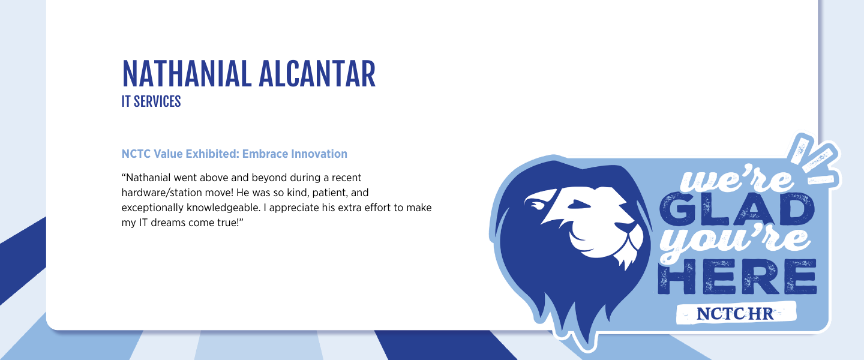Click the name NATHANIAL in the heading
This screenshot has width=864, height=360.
[x=187, y=74]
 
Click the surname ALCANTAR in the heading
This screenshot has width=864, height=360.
[x=317, y=74]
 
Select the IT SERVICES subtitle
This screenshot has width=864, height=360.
[x=151, y=101]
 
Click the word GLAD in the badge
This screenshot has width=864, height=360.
[x=736, y=209]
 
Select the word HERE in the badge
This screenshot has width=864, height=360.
[x=737, y=277]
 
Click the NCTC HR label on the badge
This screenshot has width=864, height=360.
[x=735, y=313]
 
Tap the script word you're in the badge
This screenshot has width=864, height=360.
[x=735, y=242]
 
